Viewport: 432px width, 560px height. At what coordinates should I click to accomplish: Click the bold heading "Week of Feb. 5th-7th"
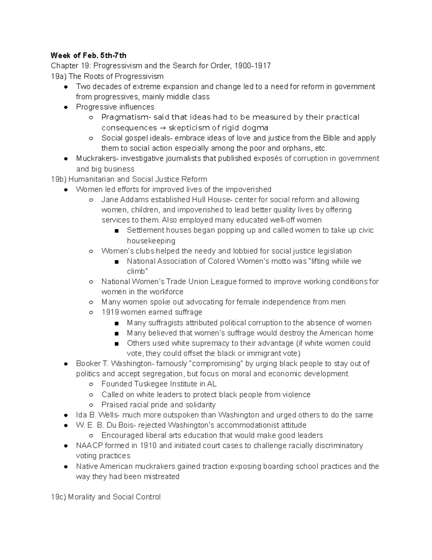89,56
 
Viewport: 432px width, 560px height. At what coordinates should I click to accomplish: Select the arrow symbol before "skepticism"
163,128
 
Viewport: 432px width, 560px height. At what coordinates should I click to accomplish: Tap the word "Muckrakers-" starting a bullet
97,159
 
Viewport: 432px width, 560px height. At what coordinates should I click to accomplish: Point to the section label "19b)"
59,179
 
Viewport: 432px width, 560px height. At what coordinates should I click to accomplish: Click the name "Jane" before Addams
109,200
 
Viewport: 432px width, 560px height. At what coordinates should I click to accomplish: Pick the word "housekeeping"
151,241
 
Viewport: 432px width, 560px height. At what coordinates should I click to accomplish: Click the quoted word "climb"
137,272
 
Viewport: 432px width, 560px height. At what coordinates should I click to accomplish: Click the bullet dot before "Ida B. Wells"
66,415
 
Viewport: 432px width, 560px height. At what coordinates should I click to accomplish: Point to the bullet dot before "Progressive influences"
66,107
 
